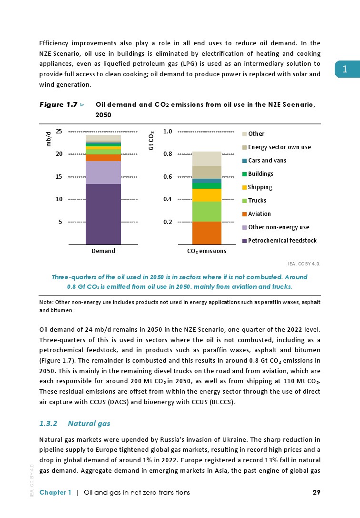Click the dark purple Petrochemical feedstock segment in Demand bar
[103, 214]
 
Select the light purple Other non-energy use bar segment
[103, 173]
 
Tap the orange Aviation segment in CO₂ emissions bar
[207, 233]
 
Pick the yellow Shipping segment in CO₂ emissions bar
[207, 195]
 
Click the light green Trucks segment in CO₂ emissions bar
[207, 212]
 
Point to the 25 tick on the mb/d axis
[59, 132]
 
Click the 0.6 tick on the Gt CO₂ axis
[168, 177]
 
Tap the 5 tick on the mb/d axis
[60, 222]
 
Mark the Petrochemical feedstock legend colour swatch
[245, 241]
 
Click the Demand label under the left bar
[103, 251]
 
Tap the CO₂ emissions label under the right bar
[206, 251]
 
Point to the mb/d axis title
[48, 139]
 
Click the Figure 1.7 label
[58, 104]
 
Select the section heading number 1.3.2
[48, 423]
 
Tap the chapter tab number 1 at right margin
[346, 70]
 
